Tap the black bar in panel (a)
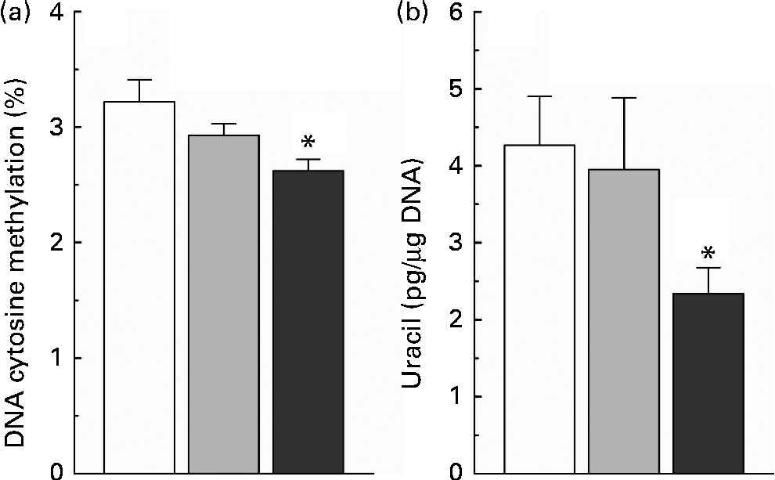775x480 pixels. click(308, 321)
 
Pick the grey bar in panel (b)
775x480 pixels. click(625, 321)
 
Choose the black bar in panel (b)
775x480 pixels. click(708, 383)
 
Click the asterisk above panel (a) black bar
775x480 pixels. click(308, 143)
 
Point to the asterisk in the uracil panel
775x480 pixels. click(708, 254)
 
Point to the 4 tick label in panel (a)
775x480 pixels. click(63, 13)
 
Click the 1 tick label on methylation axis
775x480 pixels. click(63, 359)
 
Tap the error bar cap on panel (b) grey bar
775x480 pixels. click(625, 98)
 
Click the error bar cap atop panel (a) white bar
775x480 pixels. click(139, 80)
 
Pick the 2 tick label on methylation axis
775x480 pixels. click(63, 243)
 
